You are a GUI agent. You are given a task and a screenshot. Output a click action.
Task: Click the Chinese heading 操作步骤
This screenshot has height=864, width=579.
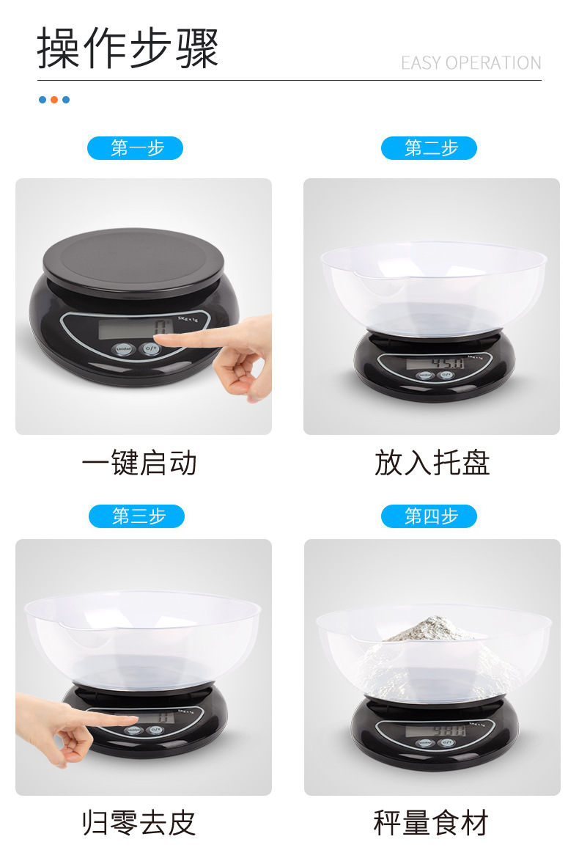128,48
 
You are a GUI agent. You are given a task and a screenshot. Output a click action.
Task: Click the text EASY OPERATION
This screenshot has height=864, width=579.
471,63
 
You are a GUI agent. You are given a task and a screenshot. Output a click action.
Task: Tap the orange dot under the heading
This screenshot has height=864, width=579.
54,100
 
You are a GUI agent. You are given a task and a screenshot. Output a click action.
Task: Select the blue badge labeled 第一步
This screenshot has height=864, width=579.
136,148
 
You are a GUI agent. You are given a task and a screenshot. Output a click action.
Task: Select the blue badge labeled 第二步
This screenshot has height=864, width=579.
429,148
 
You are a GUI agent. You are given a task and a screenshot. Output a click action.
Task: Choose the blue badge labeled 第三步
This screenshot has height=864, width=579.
136,516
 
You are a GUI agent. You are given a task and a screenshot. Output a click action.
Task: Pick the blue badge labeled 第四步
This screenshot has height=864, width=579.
429,516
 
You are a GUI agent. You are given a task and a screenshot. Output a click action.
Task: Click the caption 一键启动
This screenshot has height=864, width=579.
139,464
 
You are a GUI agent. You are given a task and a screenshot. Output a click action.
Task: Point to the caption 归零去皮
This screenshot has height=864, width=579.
139,823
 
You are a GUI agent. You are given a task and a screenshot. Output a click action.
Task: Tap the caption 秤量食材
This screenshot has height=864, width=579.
431,823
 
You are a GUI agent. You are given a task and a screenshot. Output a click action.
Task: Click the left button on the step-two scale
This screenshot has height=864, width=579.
424,374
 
